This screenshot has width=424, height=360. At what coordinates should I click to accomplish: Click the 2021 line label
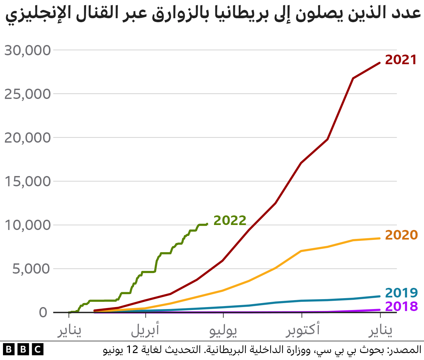point(400,60)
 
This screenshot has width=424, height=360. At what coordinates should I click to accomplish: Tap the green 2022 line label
point(230,220)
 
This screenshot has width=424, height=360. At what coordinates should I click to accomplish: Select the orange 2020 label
point(401,235)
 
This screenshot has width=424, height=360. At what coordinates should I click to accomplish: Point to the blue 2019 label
point(401,293)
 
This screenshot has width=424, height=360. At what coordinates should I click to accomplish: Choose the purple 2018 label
point(401,306)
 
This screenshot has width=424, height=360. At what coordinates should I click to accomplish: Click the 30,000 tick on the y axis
point(27,50)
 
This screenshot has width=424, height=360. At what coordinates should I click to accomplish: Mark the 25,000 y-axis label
point(27,94)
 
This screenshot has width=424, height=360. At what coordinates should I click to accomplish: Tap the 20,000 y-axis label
point(27,138)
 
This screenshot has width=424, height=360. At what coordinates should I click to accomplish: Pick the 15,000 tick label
point(27,181)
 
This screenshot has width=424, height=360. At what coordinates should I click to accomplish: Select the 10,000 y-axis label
point(27,225)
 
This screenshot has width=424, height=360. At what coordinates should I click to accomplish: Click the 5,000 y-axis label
point(31,269)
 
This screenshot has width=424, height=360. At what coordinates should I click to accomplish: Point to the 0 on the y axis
point(43,312)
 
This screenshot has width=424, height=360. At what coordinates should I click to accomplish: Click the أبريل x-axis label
point(145,330)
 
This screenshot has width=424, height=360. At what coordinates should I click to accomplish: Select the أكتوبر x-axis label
point(303,330)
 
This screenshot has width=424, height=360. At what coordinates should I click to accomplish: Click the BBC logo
point(23,350)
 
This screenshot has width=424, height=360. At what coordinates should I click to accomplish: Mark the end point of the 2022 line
point(207,224)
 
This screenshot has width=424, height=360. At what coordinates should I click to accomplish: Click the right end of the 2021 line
point(380,63)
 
